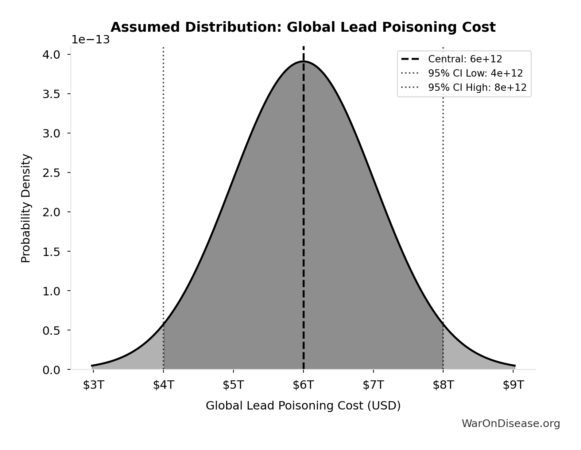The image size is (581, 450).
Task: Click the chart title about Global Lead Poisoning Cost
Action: click(303, 27)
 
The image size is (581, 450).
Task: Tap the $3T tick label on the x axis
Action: click(93, 385)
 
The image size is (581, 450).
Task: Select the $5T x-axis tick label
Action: click(233, 385)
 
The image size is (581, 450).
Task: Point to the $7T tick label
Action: click(373, 385)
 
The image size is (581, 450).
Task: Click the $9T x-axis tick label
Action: click(513, 385)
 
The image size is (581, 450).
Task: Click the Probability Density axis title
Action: click(26, 208)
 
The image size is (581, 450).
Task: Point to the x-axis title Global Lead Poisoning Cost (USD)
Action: click(303, 406)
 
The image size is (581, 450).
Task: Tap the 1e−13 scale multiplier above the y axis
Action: click(90, 40)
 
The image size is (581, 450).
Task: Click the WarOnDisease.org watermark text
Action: click(511, 423)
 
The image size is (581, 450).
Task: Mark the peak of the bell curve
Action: click(303, 62)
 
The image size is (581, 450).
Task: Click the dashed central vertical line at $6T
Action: click(303, 219)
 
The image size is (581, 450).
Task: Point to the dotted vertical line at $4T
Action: click(163, 182)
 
